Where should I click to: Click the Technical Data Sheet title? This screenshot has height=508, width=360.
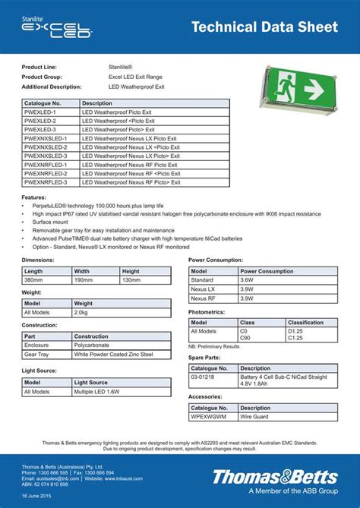point(264,27)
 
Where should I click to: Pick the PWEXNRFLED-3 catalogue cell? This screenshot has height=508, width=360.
point(46,182)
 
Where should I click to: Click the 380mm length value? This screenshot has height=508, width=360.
point(34,279)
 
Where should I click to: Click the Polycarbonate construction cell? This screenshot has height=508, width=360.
point(92,345)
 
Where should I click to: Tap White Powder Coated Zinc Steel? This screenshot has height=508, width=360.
point(113,354)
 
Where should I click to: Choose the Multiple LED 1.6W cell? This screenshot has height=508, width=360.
point(96,392)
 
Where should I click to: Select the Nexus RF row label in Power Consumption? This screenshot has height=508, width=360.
point(203,298)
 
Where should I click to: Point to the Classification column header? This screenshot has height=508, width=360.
point(306,322)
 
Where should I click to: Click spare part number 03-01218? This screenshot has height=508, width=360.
point(203,377)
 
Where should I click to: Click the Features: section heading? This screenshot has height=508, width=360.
point(36,197)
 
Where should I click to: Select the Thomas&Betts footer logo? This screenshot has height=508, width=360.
point(275,477)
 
